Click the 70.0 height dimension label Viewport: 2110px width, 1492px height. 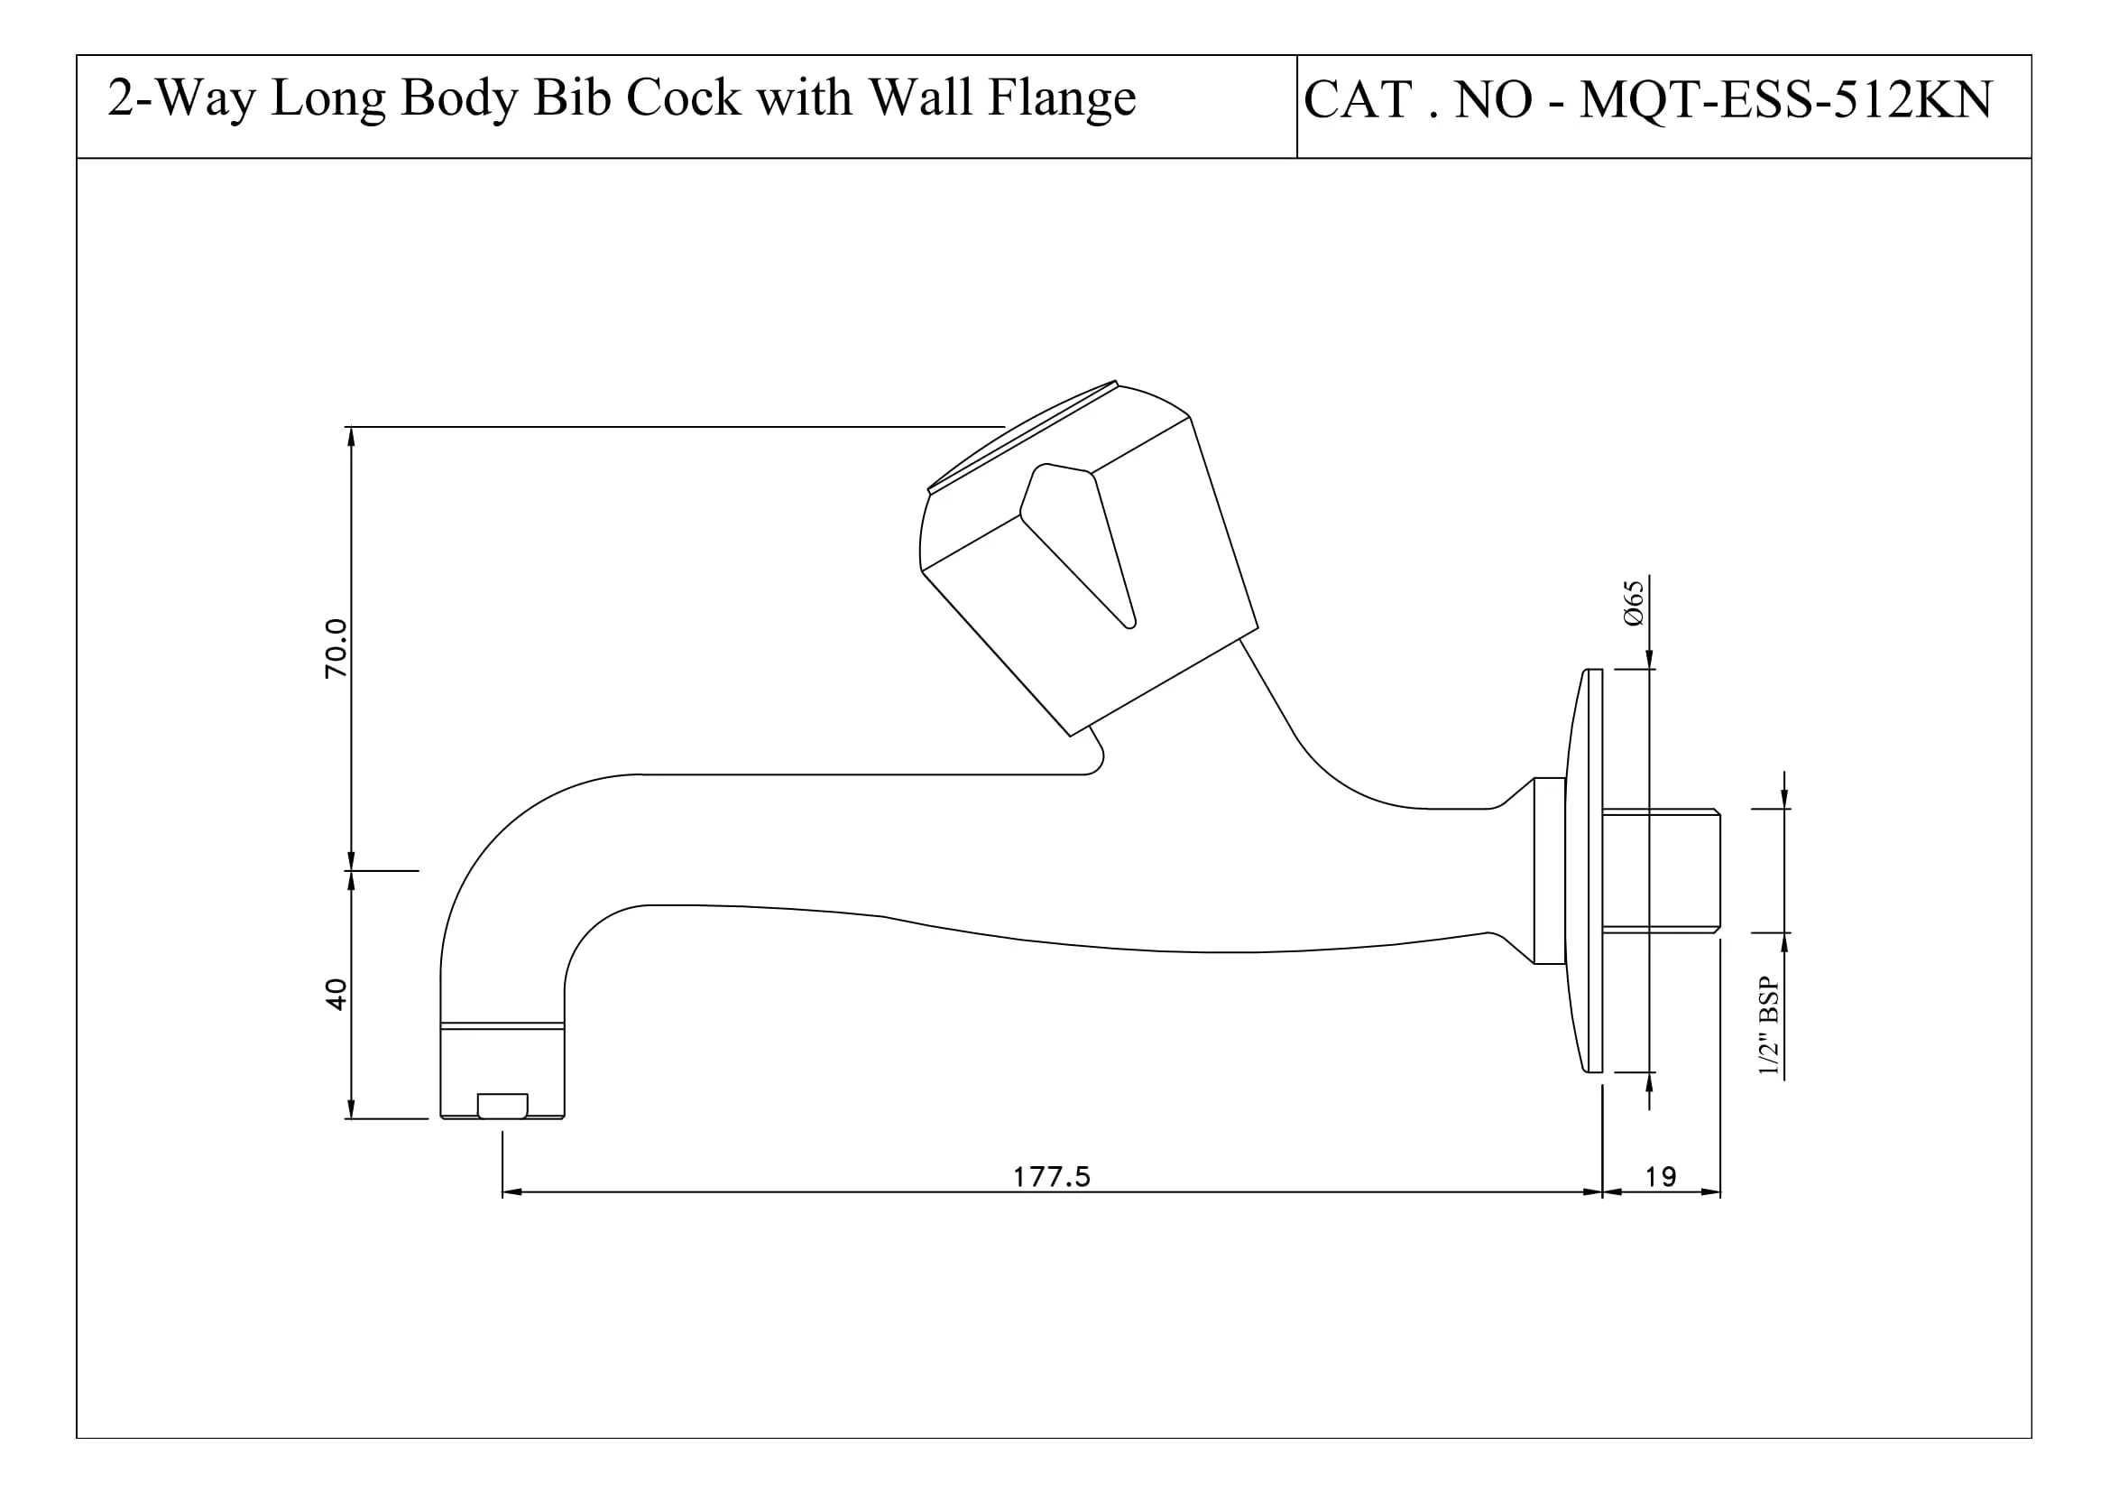(336, 648)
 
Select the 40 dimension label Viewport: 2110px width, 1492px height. (336, 995)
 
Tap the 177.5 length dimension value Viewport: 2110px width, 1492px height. (1051, 1177)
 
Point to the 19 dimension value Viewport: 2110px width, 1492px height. (1661, 1177)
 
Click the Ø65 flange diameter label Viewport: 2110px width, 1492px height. (1633, 603)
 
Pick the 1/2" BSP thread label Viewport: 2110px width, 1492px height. (1769, 1026)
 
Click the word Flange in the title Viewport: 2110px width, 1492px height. (1062, 98)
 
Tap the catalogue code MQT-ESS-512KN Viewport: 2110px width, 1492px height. (1785, 99)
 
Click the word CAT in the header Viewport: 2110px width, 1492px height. (1359, 99)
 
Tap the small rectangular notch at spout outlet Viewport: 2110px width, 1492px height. (502, 1105)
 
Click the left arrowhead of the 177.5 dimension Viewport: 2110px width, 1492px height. (511, 1192)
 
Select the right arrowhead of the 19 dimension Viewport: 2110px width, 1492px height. (1711, 1192)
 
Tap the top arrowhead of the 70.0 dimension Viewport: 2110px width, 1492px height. (351, 437)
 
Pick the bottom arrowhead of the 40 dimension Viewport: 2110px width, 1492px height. (351, 1108)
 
